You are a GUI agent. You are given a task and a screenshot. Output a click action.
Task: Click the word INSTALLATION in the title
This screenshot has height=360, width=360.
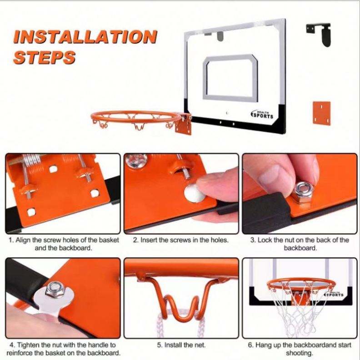tap(85, 37)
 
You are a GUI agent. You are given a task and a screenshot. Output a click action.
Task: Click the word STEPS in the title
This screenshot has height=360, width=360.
tap(44, 57)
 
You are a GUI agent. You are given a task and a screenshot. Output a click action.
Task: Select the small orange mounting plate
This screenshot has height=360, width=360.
tap(321, 113)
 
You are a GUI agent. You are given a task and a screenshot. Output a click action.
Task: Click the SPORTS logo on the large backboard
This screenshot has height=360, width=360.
tap(262, 115)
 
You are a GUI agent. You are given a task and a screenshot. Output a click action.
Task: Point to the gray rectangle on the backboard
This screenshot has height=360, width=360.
tap(230, 78)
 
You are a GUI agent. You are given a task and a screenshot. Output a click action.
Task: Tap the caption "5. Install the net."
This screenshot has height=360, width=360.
tap(181, 345)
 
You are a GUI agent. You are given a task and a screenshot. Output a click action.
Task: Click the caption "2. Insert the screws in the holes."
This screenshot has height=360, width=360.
tap(181, 240)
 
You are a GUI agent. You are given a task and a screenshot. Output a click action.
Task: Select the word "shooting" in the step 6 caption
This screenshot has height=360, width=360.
tap(299, 353)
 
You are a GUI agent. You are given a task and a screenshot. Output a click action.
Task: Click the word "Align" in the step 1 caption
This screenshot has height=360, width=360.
tap(23, 240)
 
